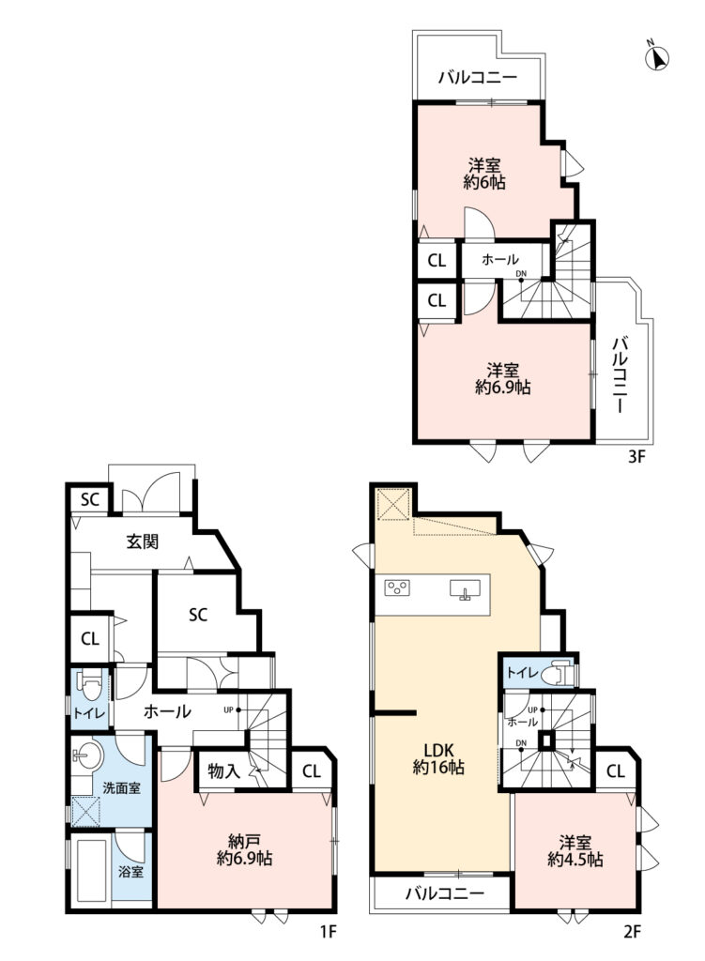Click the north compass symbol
pyautogui.click(x=657, y=55)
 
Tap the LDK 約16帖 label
pyautogui.click(x=438, y=758)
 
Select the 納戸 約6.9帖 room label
pyautogui.click(x=244, y=849)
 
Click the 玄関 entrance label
pyautogui.click(x=143, y=542)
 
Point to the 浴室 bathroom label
pyautogui.click(x=130, y=872)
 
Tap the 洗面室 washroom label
pyautogui.click(x=122, y=787)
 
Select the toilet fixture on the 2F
pyautogui.click(x=562, y=672)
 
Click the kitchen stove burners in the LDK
pyautogui.click(x=397, y=587)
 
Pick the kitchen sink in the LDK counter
pyautogui.click(x=465, y=589)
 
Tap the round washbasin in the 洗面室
pyautogui.click(x=85, y=755)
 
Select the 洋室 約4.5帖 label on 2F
pyautogui.click(x=575, y=850)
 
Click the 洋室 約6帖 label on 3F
pyautogui.click(x=484, y=174)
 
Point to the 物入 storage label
pyautogui.click(x=223, y=770)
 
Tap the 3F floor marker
pyautogui.click(x=637, y=457)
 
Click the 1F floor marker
pyautogui.click(x=329, y=932)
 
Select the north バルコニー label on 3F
pyautogui.click(x=478, y=78)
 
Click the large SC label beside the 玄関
pyautogui.click(x=198, y=615)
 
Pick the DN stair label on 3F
pyautogui.click(x=521, y=273)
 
